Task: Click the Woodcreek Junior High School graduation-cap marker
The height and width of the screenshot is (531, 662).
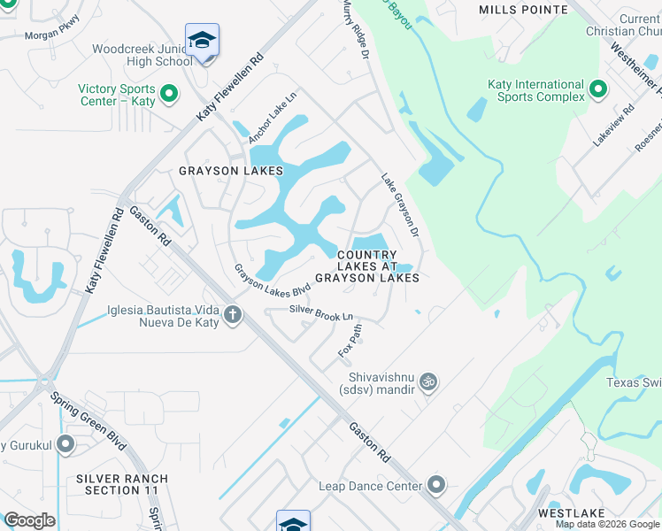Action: coord(203,41)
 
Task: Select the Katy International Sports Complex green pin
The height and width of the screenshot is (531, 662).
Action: coord(597,88)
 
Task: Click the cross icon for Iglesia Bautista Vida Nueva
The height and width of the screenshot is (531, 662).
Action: coord(233,314)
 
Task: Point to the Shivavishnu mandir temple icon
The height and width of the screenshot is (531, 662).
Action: coord(428,381)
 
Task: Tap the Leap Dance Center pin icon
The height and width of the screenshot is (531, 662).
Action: coord(435,485)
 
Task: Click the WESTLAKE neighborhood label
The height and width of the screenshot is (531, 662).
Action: coord(571,513)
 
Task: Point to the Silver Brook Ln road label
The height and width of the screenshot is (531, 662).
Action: coord(321,312)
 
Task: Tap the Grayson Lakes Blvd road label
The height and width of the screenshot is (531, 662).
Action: coord(273,279)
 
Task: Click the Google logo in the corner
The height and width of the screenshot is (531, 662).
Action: coord(29,520)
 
